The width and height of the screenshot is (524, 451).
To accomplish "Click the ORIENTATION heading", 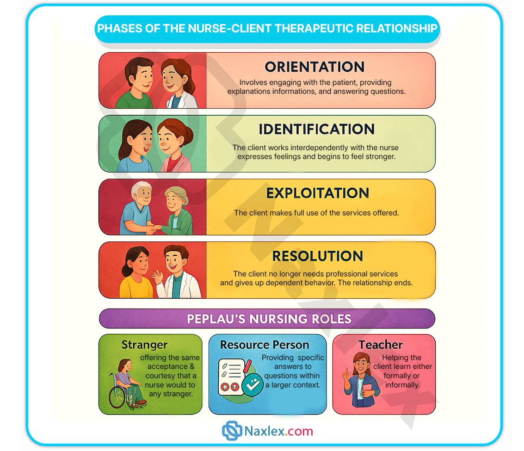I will tap(314, 67).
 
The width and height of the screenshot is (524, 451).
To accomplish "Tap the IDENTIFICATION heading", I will tap(316, 129).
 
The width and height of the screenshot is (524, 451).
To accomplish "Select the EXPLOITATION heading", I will tap(317, 193).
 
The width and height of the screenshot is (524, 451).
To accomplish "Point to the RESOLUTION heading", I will tap(317, 256).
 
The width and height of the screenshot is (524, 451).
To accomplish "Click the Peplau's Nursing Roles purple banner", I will tap(267, 319).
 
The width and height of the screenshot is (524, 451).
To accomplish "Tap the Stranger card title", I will tap(144, 345).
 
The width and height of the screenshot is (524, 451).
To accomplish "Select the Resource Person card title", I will tap(265, 345).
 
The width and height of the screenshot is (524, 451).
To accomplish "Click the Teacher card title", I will tap(381, 345).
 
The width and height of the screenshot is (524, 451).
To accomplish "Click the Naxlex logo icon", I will tap(232, 431).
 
